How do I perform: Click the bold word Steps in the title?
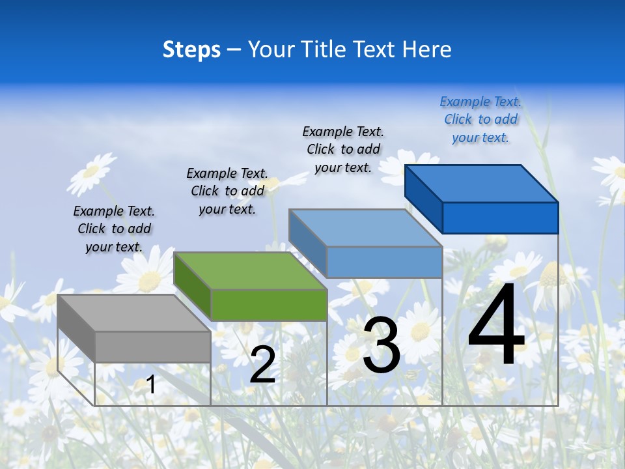coord(191,50)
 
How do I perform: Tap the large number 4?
coord(496,326)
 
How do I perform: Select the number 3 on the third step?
coord(382,345)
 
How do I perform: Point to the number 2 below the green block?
coord(263,365)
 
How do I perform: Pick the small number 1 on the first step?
coord(151,385)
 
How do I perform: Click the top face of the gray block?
coord(133,313)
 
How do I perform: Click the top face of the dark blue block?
coord(481,184)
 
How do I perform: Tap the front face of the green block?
coord(269,305)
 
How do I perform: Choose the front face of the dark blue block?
coord(500,218)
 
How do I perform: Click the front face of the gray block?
coord(153,347)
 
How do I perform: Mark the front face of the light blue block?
coord(384,262)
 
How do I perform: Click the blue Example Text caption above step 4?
coord(480,120)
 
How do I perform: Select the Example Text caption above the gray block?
coord(114,229)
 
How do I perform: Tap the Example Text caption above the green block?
coord(227,191)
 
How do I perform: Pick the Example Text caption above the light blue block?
coord(343,149)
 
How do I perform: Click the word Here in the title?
coord(427,50)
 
